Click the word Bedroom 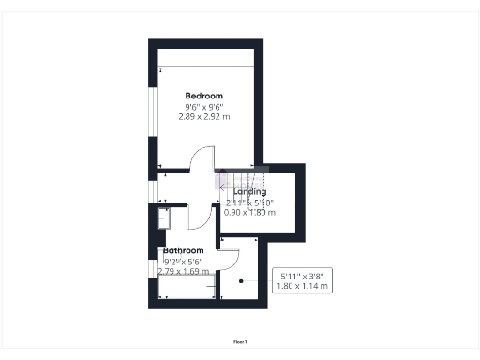203,97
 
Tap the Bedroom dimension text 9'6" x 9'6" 203,107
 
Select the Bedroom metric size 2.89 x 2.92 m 203,117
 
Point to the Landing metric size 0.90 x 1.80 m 249,212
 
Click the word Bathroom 184,251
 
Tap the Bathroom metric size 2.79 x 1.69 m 183,271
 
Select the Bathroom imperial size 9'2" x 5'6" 183,262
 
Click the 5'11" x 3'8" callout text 304,276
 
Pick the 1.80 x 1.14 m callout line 304,286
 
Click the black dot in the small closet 242,281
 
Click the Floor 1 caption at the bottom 240,343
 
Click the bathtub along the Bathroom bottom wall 186,285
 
